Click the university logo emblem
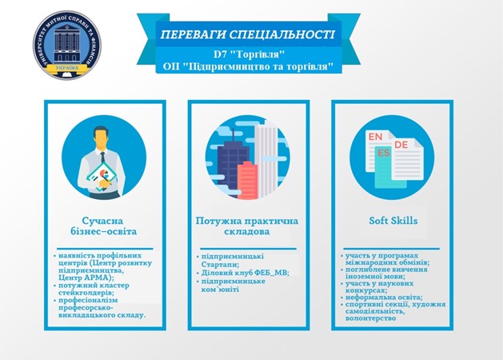pos(67,45)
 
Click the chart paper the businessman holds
pos(103,176)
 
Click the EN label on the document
pos(375,137)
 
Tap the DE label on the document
pos(401,145)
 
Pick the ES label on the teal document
pos(384,153)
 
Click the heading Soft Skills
pos(393,221)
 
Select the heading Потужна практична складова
pos(247,226)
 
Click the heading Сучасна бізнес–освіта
pos(103,226)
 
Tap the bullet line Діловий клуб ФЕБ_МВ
pos(245,273)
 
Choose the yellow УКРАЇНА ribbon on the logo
pos(67,68)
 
